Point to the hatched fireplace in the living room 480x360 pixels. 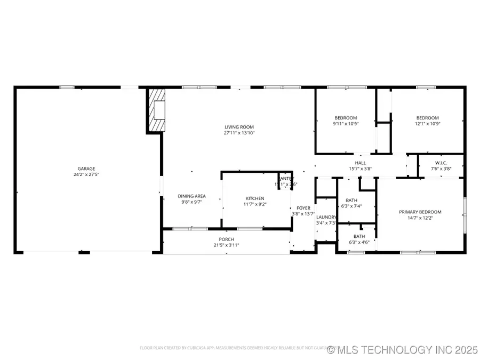pos(157,110)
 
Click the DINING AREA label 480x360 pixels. pos(191,196)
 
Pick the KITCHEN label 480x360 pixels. pos(254,198)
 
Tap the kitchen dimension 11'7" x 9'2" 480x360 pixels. pos(254,204)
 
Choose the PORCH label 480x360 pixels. pos(226,239)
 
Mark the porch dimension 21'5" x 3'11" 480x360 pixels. pos(226,245)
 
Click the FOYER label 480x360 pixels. pos(303,208)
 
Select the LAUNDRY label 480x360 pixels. pos(326,217)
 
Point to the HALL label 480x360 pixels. pos(361,163)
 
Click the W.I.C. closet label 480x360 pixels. pos(441,163)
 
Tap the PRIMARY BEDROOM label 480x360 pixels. pos(420,212)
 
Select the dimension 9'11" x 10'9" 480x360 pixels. pos(346,124)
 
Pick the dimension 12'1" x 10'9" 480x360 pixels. pos(427,124)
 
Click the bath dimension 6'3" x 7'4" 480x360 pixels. pos(351,206)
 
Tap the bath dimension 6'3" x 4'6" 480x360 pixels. pos(359,242)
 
